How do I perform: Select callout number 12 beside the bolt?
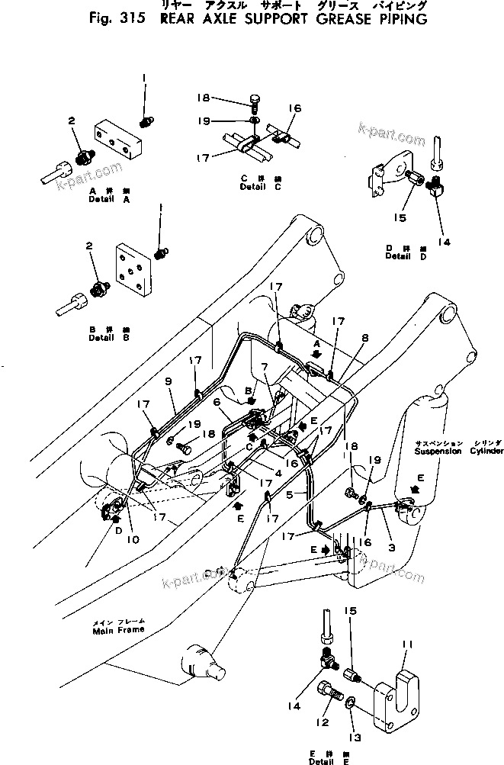tap(325, 722)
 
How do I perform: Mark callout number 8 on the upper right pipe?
tap(365, 336)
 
